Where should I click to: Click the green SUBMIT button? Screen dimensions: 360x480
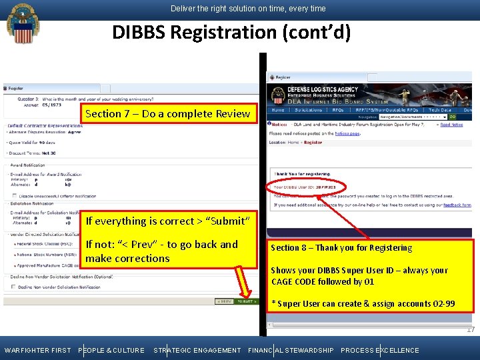point(247,301)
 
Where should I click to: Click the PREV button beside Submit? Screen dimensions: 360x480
point(223,301)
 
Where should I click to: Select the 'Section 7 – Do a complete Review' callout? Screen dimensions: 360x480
point(167,113)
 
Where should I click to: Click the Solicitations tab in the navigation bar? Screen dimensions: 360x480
point(308,110)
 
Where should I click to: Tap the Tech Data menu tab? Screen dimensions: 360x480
point(440,110)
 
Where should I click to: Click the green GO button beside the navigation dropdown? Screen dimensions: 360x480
point(471,117)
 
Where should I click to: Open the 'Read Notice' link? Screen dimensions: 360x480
point(451,125)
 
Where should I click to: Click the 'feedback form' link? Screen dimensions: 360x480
point(457,205)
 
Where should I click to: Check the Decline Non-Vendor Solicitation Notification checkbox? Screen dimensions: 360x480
point(14,287)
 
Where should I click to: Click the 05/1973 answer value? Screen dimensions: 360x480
point(52,105)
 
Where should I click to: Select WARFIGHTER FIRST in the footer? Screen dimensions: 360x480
point(37,350)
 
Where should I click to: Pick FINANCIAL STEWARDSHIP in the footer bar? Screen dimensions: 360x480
point(291,350)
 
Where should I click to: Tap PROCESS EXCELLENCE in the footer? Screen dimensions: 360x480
point(380,350)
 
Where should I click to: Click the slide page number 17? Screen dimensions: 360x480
point(471,330)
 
